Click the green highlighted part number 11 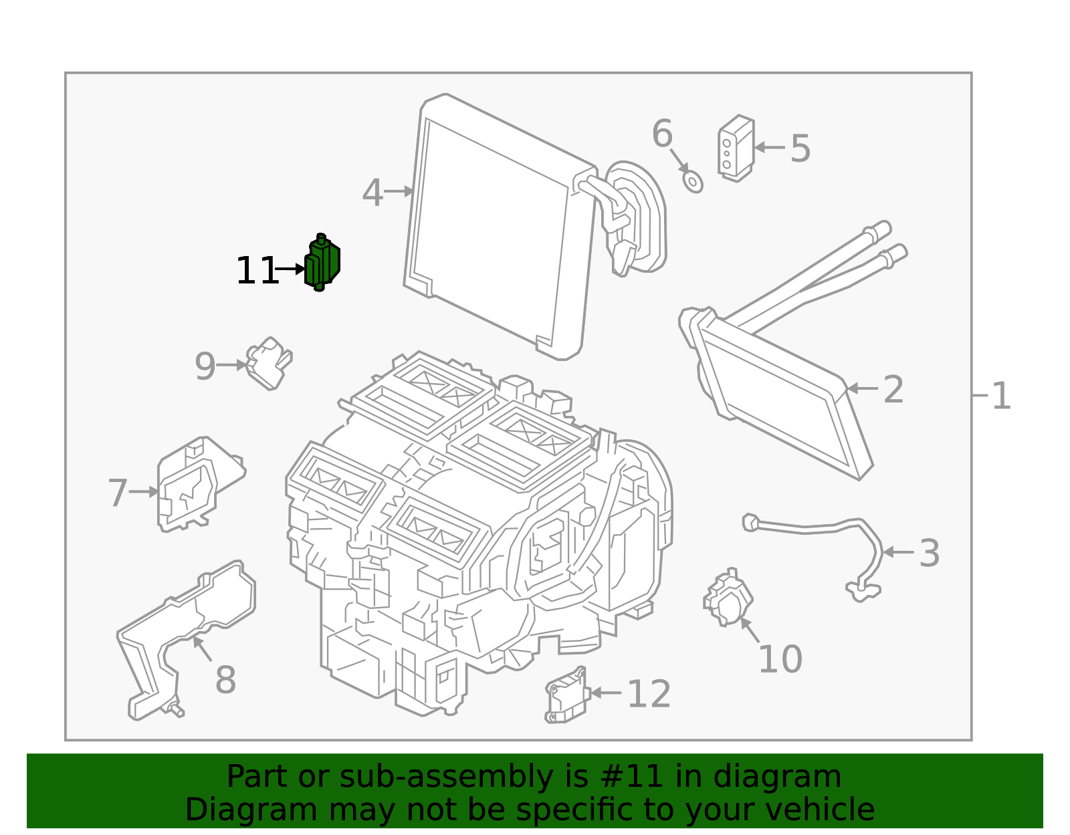tap(323, 263)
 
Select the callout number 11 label tap(256, 271)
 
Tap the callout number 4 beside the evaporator tap(372, 193)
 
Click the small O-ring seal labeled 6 tap(693, 181)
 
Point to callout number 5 tap(800, 148)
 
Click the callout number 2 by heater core tap(893, 390)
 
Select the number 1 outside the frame tap(1000, 396)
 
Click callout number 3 tap(929, 554)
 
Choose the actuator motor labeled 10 tap(727, 599)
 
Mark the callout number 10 tap(780, 660)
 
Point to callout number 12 tap(649, 694)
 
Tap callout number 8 tap(225, 681)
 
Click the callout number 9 tap(205, 366)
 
